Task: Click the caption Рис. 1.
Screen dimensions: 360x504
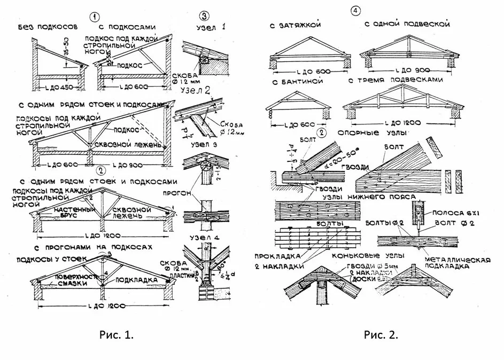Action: [116, 335]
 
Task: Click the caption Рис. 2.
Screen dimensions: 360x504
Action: [381, 335]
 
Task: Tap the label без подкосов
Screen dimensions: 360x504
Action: [48, 26]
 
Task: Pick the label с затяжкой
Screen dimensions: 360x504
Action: [294, 25]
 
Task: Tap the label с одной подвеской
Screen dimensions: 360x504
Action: [407, 25]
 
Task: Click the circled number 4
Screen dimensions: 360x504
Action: [356, 10]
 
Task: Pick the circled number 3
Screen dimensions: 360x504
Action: [203, 14]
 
